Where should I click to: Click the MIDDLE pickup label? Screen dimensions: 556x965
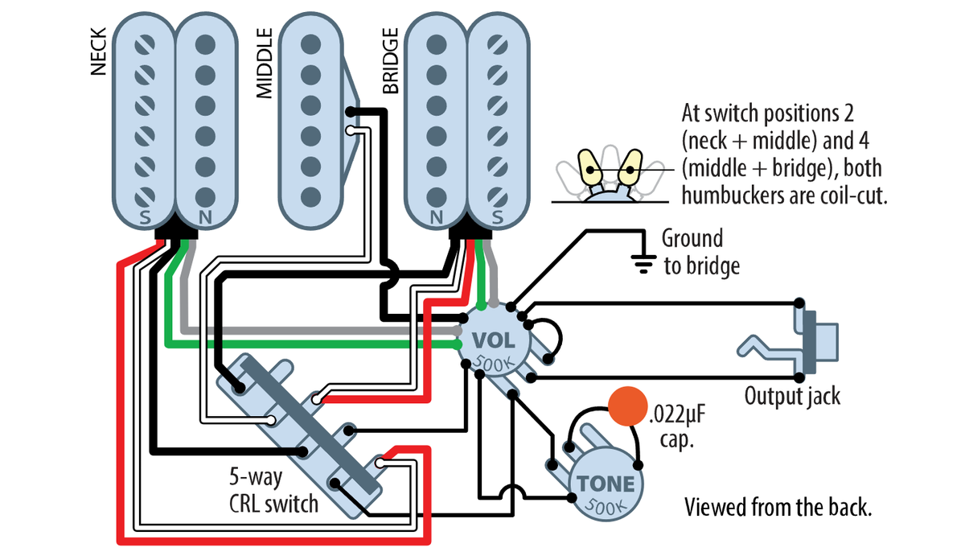[x=265, y=64]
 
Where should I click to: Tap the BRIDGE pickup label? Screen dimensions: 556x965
[x=391, y=61]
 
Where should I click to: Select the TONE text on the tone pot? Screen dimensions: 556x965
[x=605, y=484]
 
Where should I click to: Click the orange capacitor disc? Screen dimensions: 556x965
[x=627, y=407]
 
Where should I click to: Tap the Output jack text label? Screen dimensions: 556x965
[x=792, y=395]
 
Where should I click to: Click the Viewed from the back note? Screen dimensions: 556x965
[x=778, y=509]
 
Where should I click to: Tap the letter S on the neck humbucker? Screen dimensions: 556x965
[x=146, y=217]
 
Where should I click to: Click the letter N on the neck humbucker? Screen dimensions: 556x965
[x=204, y=217]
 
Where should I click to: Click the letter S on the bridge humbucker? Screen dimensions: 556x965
[x=496, y=217]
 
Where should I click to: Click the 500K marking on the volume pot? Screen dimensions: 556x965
[x=493, y=363]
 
